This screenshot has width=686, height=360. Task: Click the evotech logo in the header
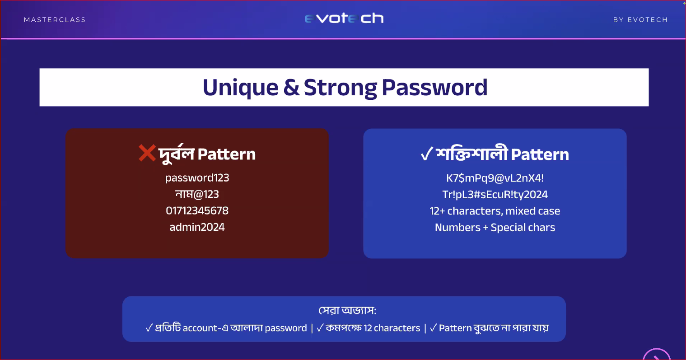click(344, 19)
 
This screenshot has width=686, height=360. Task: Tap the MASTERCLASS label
click(55, 19)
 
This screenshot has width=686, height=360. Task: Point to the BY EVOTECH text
click(640, 19)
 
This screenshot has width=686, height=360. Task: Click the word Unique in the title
click(240, 88)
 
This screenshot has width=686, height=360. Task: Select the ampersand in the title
click(291, 87)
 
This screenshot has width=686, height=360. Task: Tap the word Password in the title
click(434, 87)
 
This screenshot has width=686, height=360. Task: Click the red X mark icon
click(147, 153)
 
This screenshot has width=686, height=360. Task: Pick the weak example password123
click(197, 178)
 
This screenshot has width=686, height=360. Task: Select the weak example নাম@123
click(197, 194)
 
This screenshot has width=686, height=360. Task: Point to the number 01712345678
click(197, 211)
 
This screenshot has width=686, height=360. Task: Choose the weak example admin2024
click(197, 227)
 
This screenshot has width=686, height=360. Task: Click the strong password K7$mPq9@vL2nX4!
click(495, 178)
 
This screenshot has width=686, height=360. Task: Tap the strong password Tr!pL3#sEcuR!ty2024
click(495, 195)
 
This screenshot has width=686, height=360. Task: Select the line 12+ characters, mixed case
click(495, 211)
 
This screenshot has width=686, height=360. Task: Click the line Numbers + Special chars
click(495, 227)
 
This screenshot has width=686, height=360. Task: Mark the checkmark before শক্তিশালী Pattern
click(427, 154)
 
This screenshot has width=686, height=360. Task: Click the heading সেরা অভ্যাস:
click(347, 310)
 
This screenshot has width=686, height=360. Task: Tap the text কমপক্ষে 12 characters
click(373, 328)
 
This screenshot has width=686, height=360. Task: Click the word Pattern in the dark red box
click(227, 154)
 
